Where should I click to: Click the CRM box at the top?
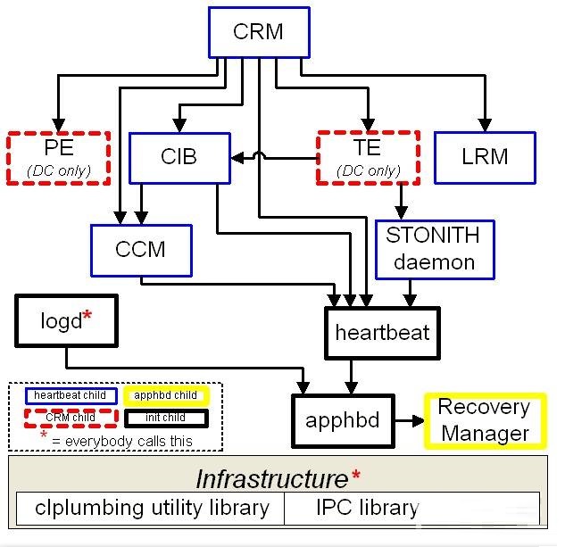258,33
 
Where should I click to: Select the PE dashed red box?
58,157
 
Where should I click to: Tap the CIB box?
179,158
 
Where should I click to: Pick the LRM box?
485,158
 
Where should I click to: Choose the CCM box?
141,249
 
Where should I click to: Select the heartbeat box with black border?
382,333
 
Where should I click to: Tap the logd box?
65,320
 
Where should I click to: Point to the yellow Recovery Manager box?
484,420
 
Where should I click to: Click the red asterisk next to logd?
87,316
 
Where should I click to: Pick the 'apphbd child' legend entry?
167,395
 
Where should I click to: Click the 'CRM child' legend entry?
71,417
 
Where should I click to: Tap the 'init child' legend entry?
167,417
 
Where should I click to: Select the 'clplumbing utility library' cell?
152,508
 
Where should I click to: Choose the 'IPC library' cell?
367,508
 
